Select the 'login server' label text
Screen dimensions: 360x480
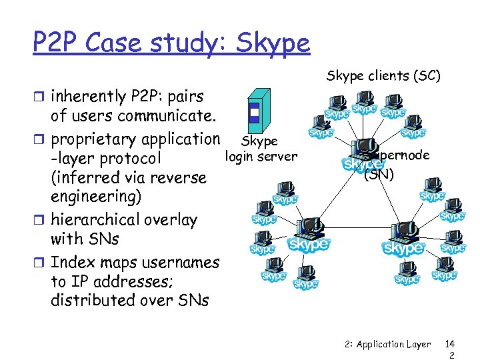(x=261, y=157)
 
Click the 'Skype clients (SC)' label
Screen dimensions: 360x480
(x=383, y=75)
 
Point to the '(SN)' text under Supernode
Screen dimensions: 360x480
(x=379, y=175)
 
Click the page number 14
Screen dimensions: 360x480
(x=450, y=344)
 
